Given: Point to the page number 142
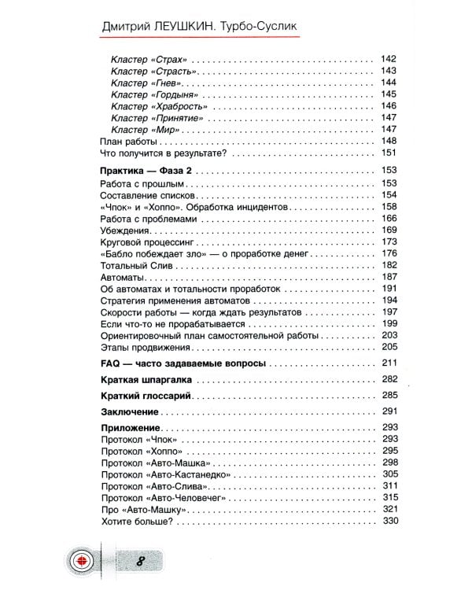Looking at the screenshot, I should point(389,59).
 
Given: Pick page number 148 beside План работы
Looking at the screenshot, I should point(389,141).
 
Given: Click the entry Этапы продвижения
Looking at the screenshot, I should point(135,347).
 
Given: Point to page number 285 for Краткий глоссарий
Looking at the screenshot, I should point(389,395).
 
